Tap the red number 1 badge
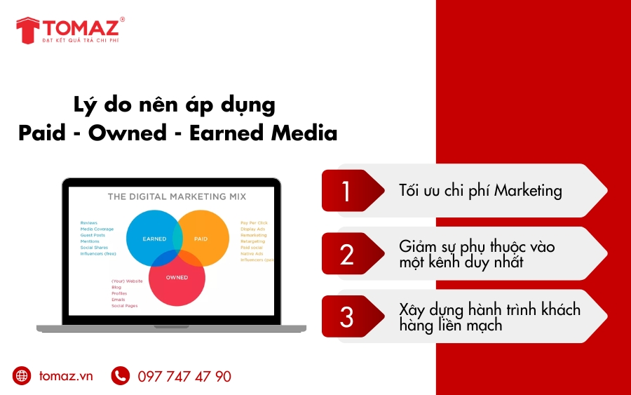[346, 191]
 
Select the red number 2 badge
[346, 254]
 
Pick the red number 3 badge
[346, 316]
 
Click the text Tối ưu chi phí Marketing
[480, 190]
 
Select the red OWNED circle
[177, 281]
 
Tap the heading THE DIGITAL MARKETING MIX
[177, 196]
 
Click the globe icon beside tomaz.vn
[22, 376]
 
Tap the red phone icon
[121, 376]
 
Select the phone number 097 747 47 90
[184, 377]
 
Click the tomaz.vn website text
[66, 376]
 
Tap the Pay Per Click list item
[254, 223]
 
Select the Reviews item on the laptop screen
[89, 222]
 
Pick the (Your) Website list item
[127, 281]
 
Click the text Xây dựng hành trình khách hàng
[489, 309]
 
